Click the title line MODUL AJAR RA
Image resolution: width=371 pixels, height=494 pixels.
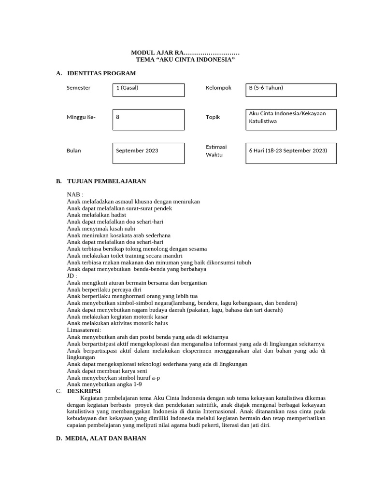(185, 52)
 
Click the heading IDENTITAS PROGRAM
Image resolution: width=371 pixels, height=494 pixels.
(101, 73)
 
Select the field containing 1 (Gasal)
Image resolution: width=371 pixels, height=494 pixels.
(148, 90)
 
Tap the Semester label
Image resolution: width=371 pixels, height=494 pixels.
(78, 88)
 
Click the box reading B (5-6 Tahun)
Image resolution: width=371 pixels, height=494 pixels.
(291, 90)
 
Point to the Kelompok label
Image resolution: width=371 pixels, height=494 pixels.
(218, 88)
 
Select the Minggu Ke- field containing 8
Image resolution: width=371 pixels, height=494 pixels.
(148, 119)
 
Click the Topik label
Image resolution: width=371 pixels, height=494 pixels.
(213, 117)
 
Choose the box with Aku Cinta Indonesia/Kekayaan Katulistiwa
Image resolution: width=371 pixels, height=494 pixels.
(291, 119)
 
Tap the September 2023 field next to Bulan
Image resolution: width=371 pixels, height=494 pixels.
(148, 153)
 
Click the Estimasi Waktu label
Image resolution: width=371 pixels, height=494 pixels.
(216, 151)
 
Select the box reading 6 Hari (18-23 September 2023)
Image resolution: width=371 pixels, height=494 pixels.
(291, 153)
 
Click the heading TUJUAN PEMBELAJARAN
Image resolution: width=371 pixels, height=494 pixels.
(106, 181)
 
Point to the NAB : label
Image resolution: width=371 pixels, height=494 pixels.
(75, 194)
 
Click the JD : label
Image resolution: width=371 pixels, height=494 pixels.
(72, 275)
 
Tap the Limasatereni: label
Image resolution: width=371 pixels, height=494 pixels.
(84, 330)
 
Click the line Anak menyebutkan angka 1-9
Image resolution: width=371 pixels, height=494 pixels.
(104, 384)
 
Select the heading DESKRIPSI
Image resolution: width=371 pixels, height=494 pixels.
(84, 391)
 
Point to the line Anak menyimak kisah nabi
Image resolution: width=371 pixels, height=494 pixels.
(101, 228)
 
